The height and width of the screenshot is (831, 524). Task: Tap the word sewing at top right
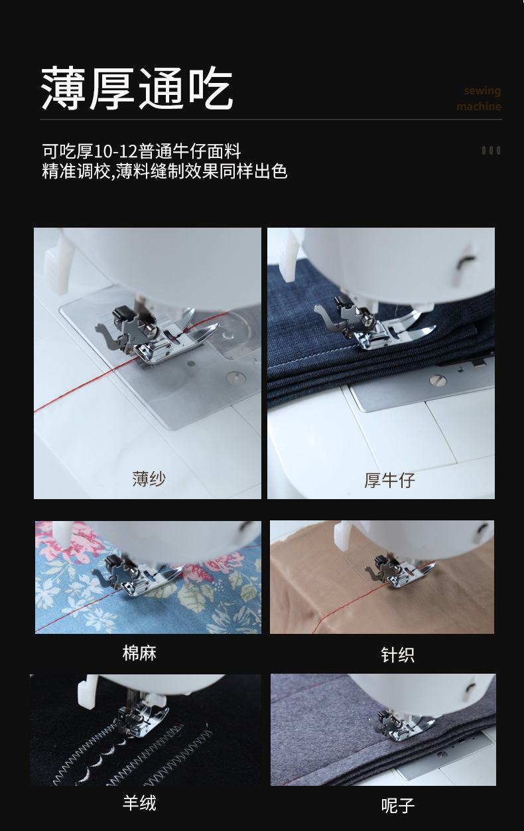click(482, 91)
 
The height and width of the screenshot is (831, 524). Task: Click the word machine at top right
click(478, 107)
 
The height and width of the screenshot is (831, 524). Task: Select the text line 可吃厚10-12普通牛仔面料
click(141, 151)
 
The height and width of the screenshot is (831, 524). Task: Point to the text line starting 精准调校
click(164, 171)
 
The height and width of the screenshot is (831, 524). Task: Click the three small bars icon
click(491, 151)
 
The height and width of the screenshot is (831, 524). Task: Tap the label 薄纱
click(149, 479)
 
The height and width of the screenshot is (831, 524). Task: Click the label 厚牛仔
click(389, 480)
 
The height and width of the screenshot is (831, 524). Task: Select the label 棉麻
click(139, 653)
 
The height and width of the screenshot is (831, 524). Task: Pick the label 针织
click(397, 655)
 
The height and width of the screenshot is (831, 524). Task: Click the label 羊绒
click(139, 803)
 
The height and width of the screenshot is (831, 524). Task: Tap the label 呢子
click(398, 806)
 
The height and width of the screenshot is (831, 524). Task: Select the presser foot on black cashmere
click(136, 720)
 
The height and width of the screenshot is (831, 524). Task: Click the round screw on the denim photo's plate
click(435, 380)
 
